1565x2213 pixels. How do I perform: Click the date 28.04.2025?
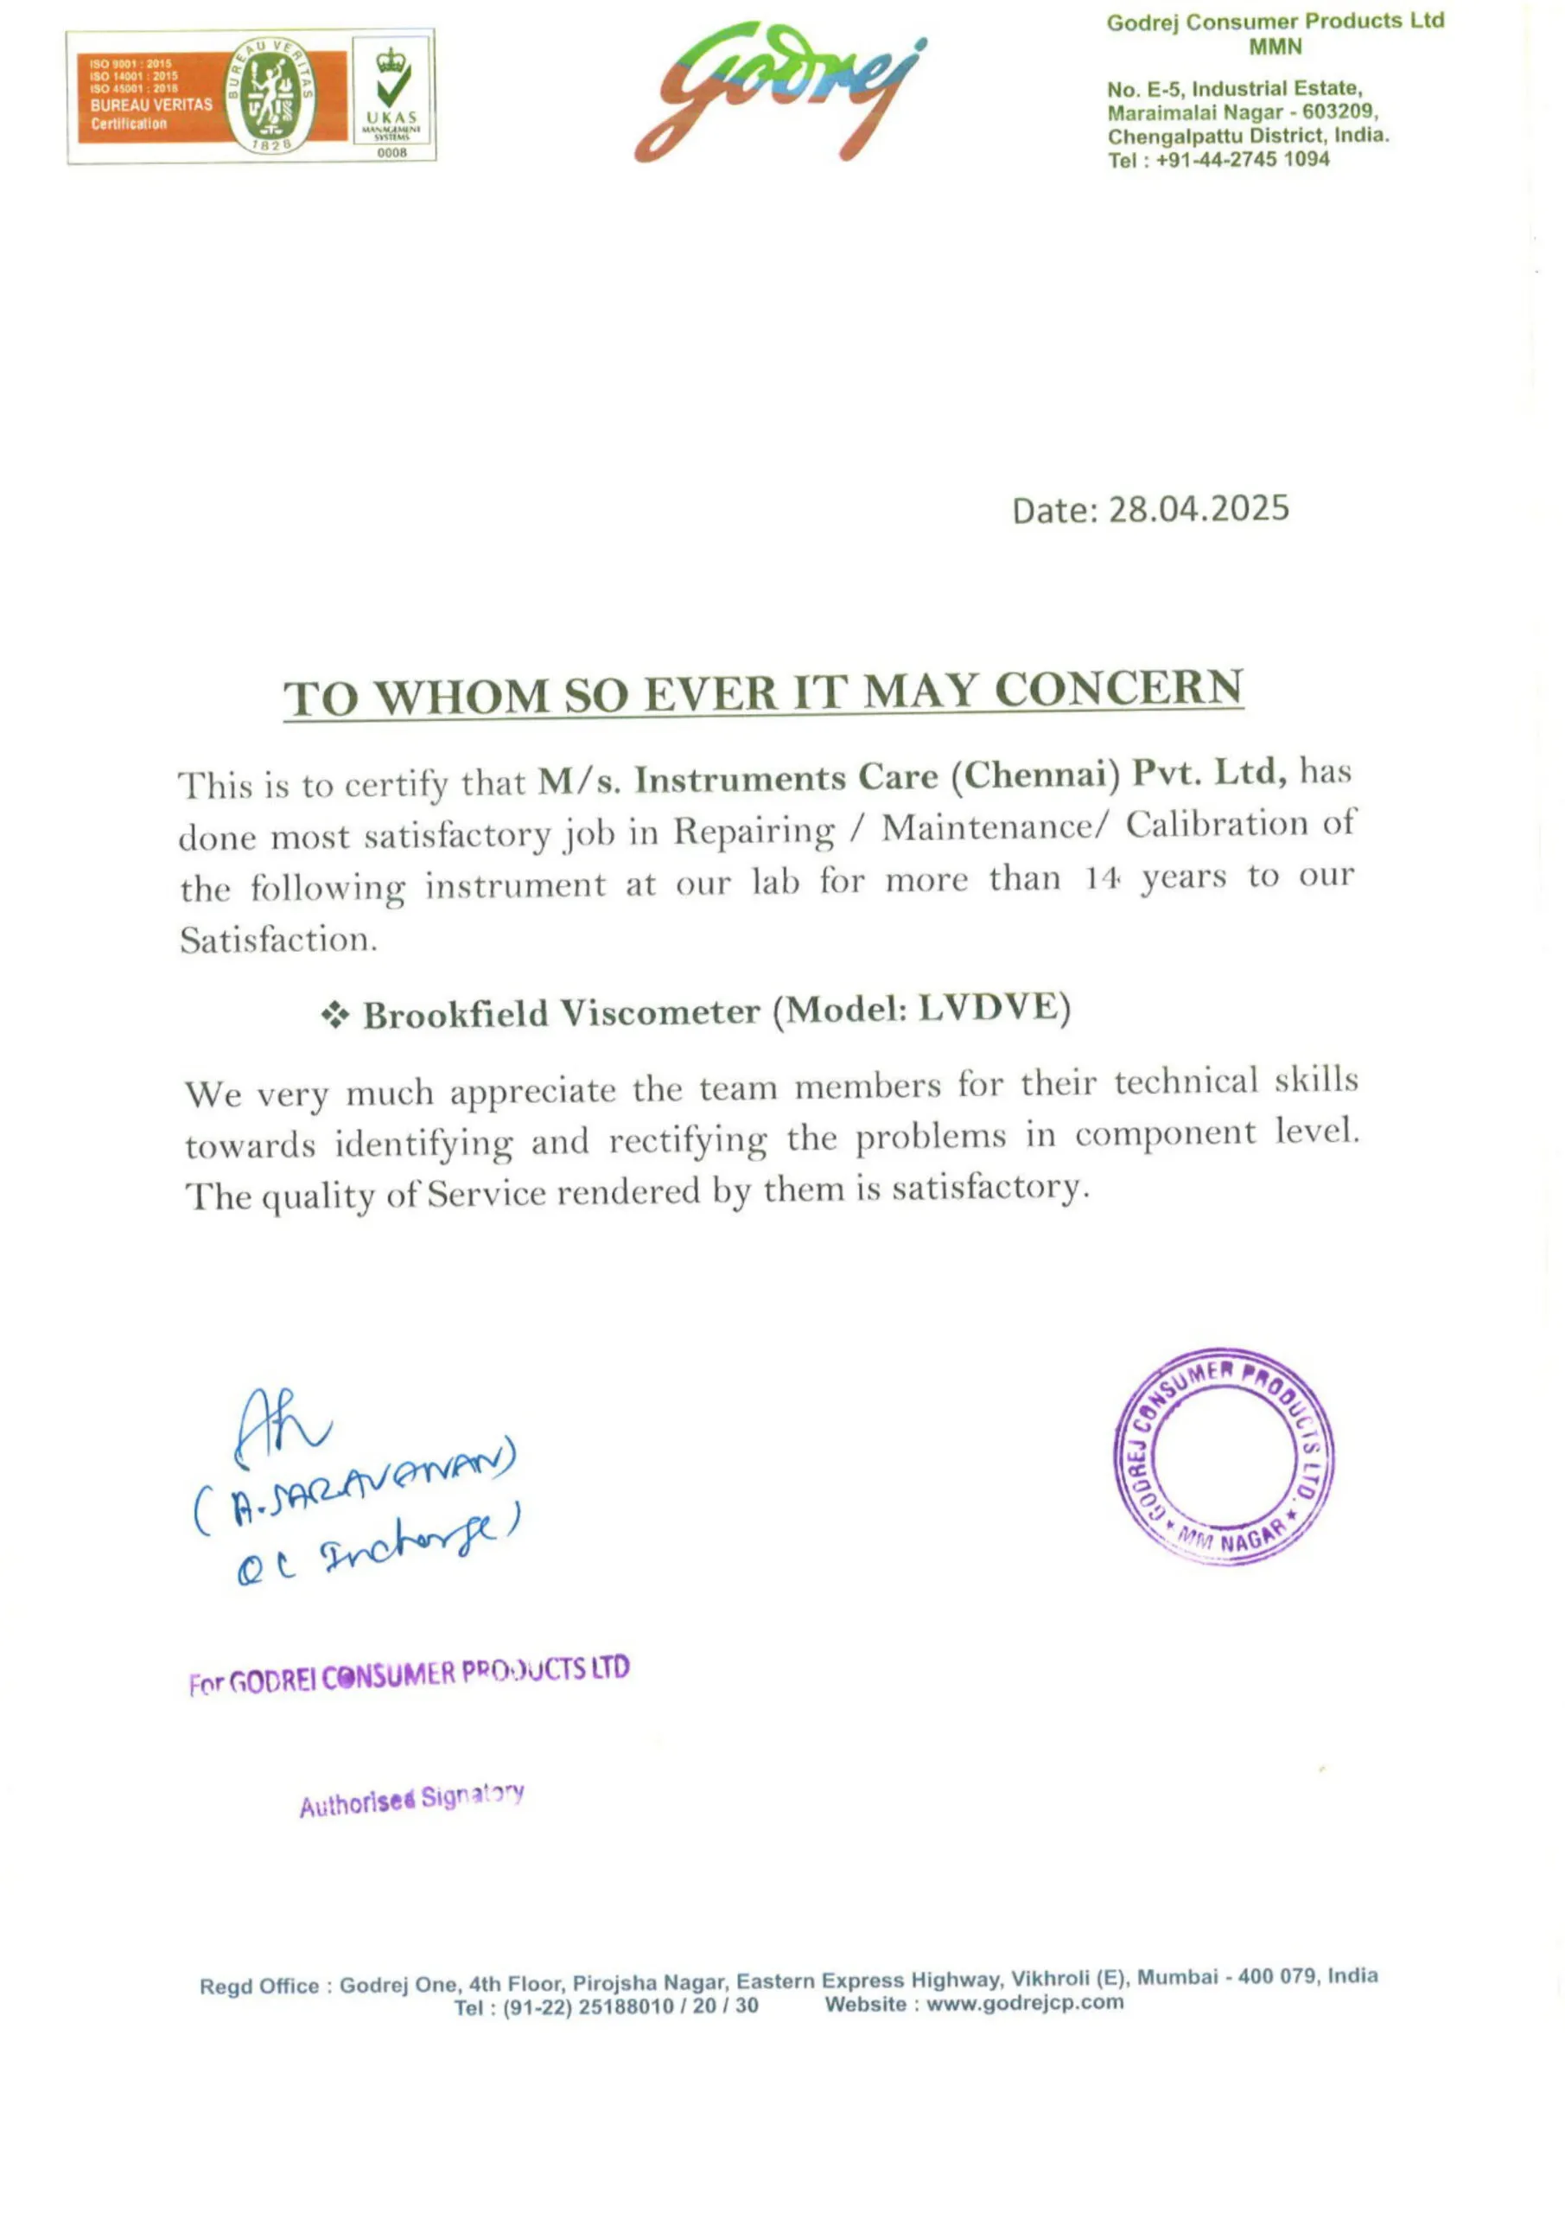click(1198, 509)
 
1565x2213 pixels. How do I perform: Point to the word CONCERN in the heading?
click(1118, 689)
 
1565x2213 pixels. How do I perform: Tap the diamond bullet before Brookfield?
click(334, 1015)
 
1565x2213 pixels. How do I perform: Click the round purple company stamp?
click(1223, 1456)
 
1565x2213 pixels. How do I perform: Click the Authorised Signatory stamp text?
click(411, 1800)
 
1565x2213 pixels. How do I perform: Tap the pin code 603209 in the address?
click(1339, 112)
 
